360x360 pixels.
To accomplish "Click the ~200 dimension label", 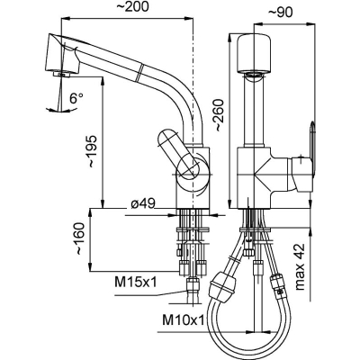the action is click(x=132, y=7).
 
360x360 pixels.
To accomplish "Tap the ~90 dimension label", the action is click(x=280, y=13).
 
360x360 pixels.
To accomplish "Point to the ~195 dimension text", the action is click(x=92, y=151).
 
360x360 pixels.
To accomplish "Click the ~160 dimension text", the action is click(x=80, y=238).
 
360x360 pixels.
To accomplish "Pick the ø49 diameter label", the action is click(x=143, y=204).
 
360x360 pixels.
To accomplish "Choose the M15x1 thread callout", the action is click(x=136, y=282).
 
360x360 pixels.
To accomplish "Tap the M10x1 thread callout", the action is click(x=184, y=320).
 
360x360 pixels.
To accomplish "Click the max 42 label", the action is click(x=300, y=266).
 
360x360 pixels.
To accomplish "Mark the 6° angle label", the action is click(x=76, y=98).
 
